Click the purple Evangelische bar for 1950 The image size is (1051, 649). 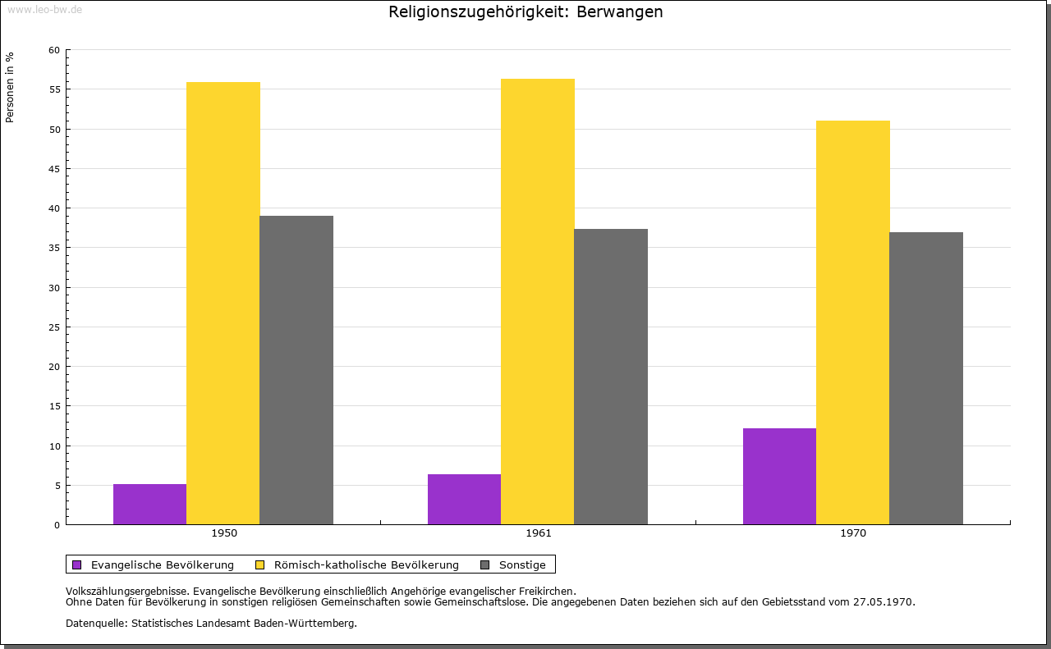149,504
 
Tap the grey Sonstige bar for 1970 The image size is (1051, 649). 925,378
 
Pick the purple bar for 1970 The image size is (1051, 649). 779,476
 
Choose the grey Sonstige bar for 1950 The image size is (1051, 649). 296,370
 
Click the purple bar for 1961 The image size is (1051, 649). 464,499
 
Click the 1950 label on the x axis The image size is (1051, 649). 224,533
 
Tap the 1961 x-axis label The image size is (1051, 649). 539,533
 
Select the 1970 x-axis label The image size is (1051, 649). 853,533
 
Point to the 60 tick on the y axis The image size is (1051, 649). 54,50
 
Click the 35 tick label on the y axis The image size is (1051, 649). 54,248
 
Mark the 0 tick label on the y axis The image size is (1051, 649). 57,525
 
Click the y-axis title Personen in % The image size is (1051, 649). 10,87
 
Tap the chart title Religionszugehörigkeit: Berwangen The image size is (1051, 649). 525,11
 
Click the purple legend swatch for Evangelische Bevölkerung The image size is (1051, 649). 77,564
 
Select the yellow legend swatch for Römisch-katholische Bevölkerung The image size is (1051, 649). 260,564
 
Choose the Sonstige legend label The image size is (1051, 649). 522,564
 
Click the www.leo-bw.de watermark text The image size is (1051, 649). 44,9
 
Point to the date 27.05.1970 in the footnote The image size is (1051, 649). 883,602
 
